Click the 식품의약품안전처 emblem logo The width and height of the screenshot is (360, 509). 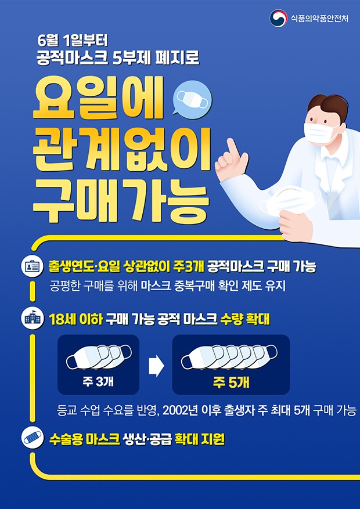tap(278, 18)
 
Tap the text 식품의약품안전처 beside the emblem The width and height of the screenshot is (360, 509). tap(319, 18)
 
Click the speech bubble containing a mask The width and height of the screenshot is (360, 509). tap(193, 98)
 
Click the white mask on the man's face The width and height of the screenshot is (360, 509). tap(320, 133)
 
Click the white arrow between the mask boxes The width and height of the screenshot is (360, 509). tap(156, 366)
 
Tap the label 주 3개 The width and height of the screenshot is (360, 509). tap(98, 382)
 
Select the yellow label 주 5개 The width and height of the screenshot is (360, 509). tap(231, 383)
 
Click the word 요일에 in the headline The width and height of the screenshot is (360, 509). tap(98, 98)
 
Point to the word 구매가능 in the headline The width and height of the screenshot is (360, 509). tap(120, 200)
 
